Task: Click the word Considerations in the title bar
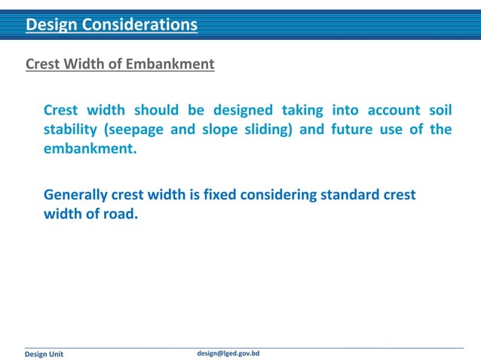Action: tap(146, 26)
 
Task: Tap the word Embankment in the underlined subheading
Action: tap(177, 64)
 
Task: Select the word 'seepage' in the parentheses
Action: tap(136, 129)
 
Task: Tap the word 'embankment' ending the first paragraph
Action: tap(90, 148)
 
